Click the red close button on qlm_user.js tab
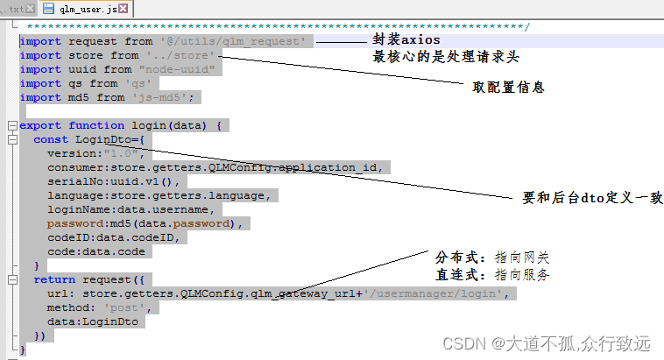pos(122,9)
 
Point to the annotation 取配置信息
pos(509,88)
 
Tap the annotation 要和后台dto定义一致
pos(592,198)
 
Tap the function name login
pos(149,125)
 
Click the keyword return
pos(54,279)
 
